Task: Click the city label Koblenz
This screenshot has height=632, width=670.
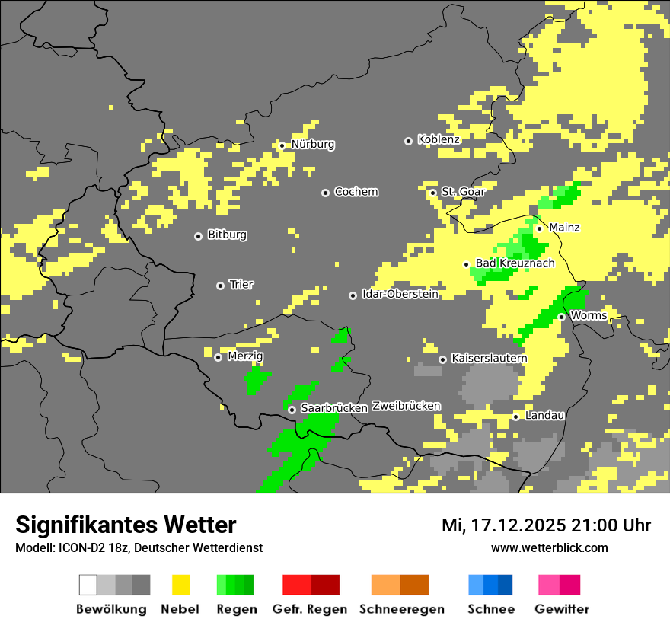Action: [x=439, y=140]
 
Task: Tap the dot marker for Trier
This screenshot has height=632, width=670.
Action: [x=221, y=286]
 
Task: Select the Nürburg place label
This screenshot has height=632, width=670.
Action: [x=312, y=145]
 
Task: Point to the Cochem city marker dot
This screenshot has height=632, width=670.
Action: [x=325, y=193]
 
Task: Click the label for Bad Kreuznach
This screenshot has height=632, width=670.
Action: [x=515, y=263]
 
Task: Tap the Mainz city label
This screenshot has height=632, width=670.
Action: [x=564, y=228]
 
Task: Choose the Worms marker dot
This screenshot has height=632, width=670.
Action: [x=561, y=317]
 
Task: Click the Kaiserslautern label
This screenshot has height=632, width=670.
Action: [x=489, y=359]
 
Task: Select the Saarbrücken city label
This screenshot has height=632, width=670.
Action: [x=334, y=409]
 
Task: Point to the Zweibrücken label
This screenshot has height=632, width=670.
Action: [x=406, y=407]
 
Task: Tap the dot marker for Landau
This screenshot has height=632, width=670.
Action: [x=515, y=417]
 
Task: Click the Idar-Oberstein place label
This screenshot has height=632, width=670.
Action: [x=400, y=295]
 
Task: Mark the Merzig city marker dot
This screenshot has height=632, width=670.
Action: [x=218, y=357]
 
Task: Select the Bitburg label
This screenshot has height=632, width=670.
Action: [x=227, y=235]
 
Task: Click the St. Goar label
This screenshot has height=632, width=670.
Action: [x=463, y=192]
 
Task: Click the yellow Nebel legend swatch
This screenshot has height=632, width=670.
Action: [x=180, y=585]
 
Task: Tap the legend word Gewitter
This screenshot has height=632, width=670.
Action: [x=561, y=609]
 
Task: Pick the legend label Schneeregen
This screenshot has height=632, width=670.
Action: [x=401, y=609]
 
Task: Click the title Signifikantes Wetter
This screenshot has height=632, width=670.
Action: [x=126, y=525]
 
